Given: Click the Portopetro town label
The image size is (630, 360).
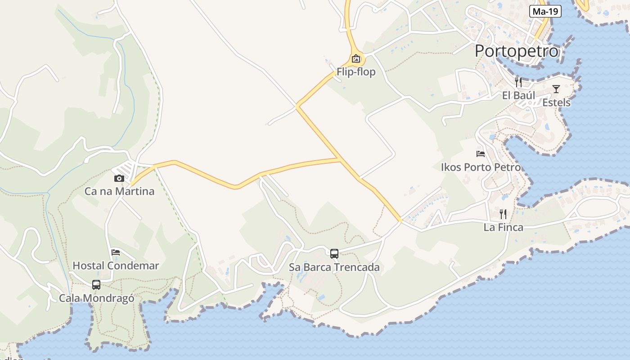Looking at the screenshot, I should pos(517,51).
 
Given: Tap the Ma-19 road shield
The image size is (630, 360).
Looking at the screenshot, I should pos(545,12).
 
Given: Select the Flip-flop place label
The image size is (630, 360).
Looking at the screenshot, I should pos(356,72).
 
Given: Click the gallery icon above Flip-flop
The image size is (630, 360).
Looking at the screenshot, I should pos(356,58).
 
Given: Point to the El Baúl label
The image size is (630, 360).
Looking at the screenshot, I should pos(518,95).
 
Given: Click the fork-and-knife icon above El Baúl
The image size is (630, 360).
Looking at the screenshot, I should pos(518,82).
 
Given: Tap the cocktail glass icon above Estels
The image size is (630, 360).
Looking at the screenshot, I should pos(556,89).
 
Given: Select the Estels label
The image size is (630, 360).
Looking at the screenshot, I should pos(556,103).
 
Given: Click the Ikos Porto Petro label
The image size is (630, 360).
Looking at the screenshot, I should pos(481,167).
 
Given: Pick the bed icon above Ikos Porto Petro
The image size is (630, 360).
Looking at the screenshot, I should pos(481,154).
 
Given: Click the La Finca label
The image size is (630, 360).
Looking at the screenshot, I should pos(503,227).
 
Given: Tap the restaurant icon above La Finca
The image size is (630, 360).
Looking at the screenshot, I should pos(503,214).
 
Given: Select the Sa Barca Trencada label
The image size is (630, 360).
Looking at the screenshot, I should pos(334,267).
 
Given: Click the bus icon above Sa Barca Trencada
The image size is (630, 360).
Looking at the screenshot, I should pos(334,253).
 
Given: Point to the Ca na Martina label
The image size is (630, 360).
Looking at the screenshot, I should pos(119,191).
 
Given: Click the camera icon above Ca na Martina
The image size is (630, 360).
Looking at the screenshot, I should pos(119,178).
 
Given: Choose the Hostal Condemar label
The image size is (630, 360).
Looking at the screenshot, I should pos(116,265).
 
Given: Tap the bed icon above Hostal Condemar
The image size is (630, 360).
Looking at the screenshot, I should pos(116,252).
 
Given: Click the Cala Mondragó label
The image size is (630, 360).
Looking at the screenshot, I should pos(96,298).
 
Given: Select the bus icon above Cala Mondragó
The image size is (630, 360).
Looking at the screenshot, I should pos(96,284).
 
